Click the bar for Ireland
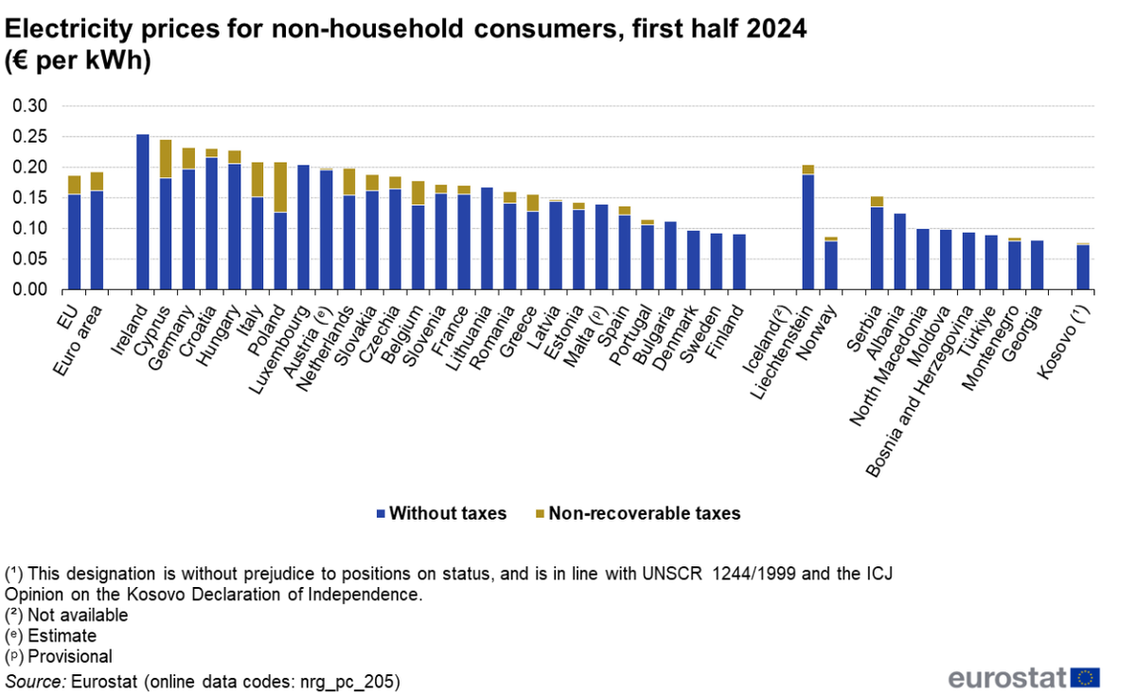point(143,212)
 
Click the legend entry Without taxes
point(447,513)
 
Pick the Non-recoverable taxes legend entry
point(643,513)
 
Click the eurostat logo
point(1023,676)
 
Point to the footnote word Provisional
point(70,656)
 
